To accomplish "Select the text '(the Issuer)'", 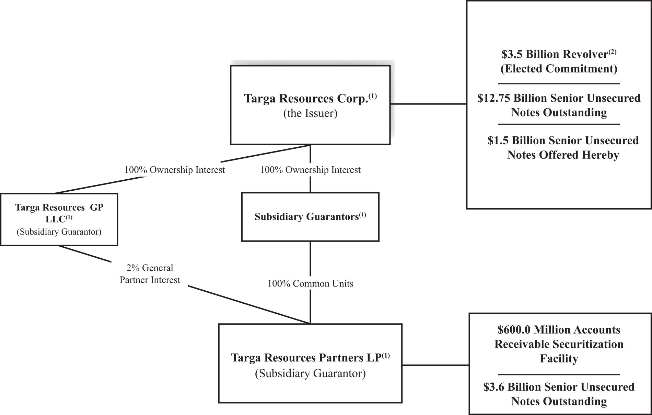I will pos(310,113).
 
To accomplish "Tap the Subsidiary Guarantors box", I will pos(310,217).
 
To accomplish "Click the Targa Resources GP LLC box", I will pos(59,219).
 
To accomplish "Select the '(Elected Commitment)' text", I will pos(559,69).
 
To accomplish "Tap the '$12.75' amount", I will pos(493,98).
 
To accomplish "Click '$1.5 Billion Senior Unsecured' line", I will pos(563,141).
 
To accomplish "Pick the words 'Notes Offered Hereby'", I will pos(563,155).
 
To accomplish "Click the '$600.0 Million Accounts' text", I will pos(559,330).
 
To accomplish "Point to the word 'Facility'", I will pos(559,359).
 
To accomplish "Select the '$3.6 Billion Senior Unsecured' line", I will pos(559,387).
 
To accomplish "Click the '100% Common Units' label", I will pos(310,283).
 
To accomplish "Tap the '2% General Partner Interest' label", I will pos(150,274).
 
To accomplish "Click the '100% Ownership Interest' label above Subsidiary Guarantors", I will pos(310,170).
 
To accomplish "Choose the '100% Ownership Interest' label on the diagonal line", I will pos(174,170).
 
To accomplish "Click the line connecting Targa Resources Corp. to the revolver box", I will pos(428,103).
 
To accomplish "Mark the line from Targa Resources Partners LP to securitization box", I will pos(435,365).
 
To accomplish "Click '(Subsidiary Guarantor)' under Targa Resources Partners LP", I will pos(310,373).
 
